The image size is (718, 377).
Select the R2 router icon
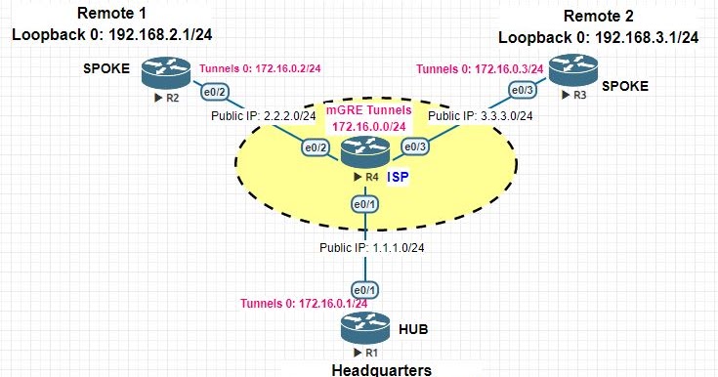155,71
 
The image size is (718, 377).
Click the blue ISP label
398,177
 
